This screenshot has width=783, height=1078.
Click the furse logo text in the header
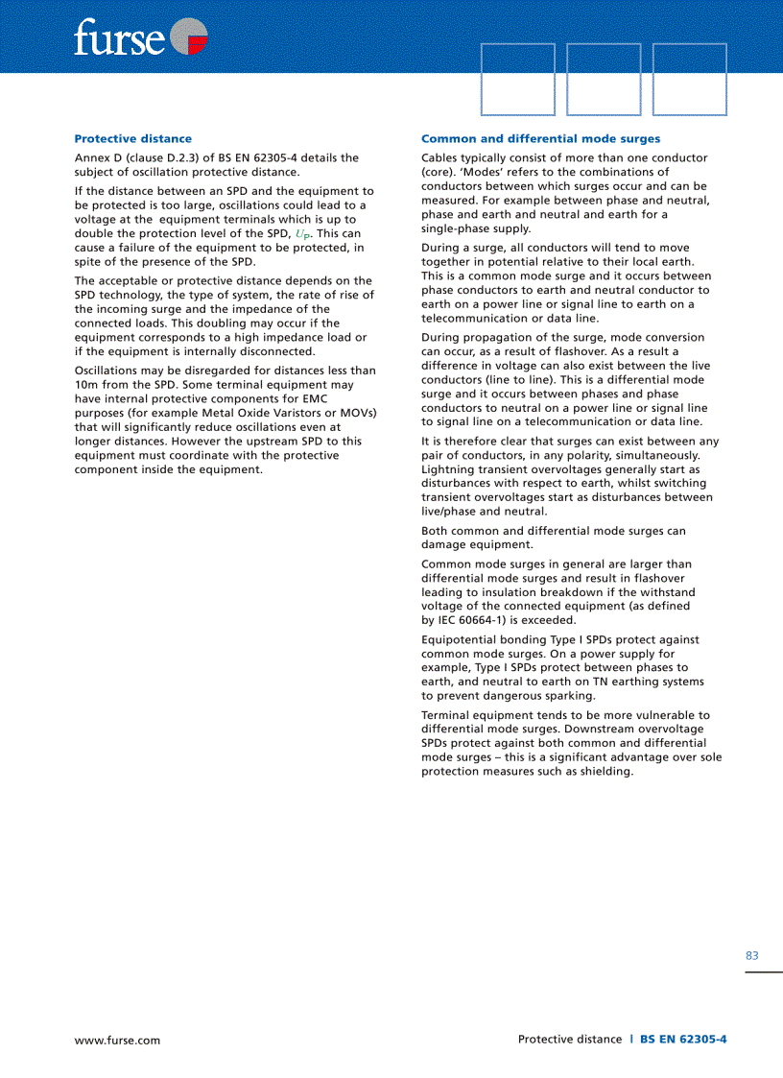119,37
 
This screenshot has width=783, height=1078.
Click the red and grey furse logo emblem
188,37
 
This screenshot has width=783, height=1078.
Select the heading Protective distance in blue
132,139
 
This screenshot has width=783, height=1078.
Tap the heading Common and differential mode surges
540,139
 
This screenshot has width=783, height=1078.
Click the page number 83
751,955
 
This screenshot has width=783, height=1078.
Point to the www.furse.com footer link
117,1040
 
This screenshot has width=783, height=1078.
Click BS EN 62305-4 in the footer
683,1039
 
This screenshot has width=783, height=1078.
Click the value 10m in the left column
86,385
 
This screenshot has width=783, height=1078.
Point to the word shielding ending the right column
604,772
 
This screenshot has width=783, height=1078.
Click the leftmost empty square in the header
517,80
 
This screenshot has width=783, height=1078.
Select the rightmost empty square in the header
689,80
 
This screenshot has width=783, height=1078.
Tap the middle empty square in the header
604,80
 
